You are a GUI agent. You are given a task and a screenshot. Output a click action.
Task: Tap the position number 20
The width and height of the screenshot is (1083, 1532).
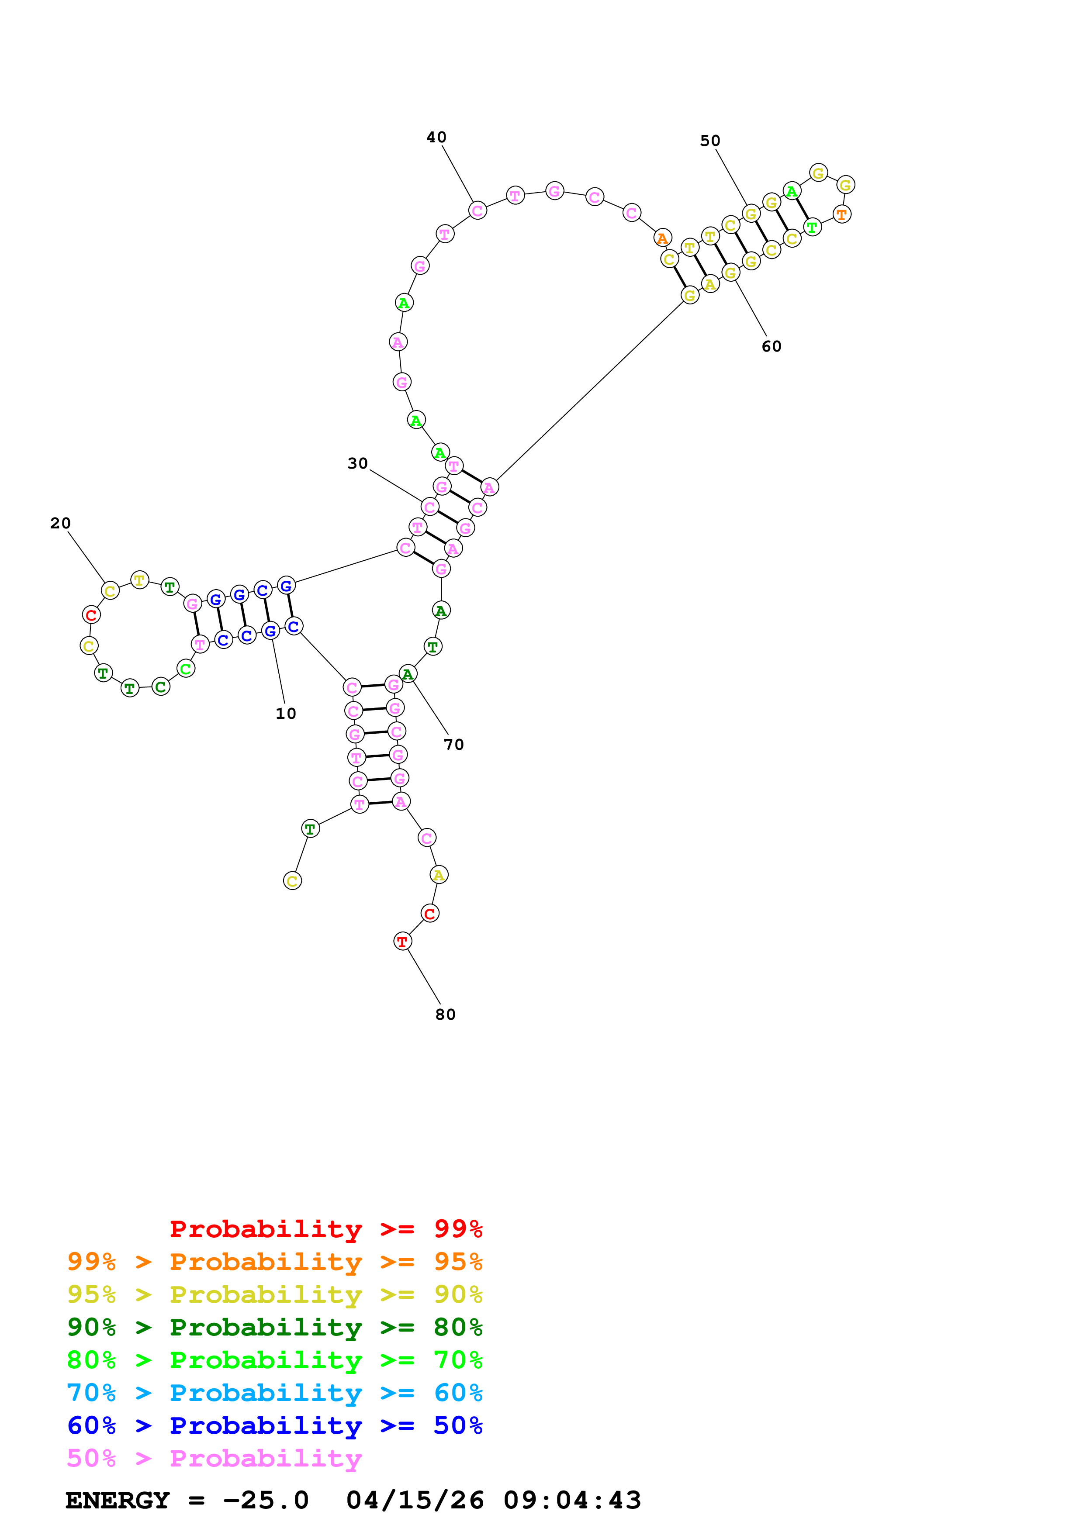click(60, 523)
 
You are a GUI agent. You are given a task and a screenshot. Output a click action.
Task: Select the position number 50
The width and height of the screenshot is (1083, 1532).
click(710, 141)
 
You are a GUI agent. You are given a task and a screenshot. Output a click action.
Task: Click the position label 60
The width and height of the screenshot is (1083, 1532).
click(772, 346)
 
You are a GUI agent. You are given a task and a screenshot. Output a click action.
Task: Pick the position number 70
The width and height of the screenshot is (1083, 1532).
click(454, 745)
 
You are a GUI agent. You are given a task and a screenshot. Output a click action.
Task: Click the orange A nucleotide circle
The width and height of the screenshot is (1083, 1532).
click(662, 238)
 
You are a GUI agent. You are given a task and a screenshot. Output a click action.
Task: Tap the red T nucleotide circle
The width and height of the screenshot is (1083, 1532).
click(402, 942)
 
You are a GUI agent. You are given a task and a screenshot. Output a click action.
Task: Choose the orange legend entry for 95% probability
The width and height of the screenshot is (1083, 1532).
click(274, 1261)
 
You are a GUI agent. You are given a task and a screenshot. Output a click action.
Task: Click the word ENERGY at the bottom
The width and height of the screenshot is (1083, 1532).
click(118, 1500)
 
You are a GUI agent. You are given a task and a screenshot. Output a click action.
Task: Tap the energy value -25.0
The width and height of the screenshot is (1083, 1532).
click(266, 1500)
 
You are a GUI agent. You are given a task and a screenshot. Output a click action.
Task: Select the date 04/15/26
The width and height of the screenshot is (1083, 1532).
click(415, 1500)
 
